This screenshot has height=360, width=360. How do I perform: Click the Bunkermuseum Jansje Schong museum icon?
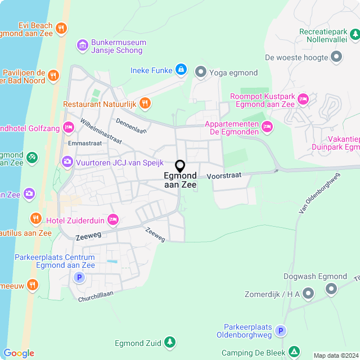tap(83, 44)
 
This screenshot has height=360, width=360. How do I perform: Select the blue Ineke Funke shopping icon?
tap(181, 70)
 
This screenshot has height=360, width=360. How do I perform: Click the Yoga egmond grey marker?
tap(200, 71)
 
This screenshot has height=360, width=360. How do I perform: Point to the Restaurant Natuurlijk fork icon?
tap(145, 102)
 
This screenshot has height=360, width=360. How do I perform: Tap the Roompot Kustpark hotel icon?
tap(303, 100)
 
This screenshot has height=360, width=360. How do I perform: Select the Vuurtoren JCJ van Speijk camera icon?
tap(67, 162)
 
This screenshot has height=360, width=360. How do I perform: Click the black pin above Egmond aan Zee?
tap(180, 166)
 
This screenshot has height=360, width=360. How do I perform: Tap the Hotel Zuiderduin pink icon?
tap(113, 219)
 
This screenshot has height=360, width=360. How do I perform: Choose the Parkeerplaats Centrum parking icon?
tap(79, 277)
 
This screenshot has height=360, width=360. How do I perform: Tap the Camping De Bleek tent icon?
tap(293, 352)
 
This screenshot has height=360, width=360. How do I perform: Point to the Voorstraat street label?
tap(224, 175)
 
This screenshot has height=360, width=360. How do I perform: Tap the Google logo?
tap(19, 353)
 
